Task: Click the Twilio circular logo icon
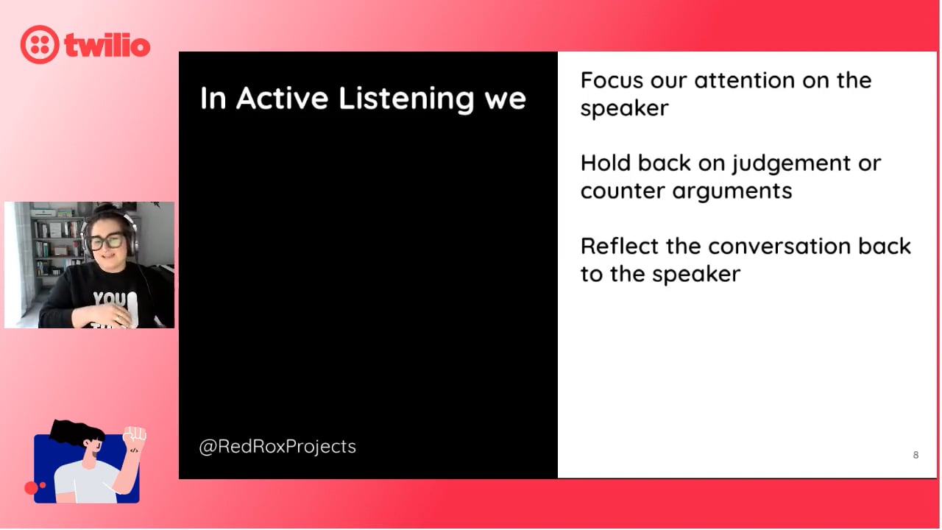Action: (40, 45)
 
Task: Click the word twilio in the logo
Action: (107, 45)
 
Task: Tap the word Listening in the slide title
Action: (407, 99)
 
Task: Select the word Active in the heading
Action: (282, 98)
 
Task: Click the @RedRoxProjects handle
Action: (277, 447)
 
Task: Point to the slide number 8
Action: (916, 455)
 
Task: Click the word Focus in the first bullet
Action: (612, 80)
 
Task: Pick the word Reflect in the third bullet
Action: (620, 246)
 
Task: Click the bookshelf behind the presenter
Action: (57, 244)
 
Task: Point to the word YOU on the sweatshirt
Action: (110, 299)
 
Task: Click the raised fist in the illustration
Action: (134, 435)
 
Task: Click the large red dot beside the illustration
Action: (31, 488)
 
